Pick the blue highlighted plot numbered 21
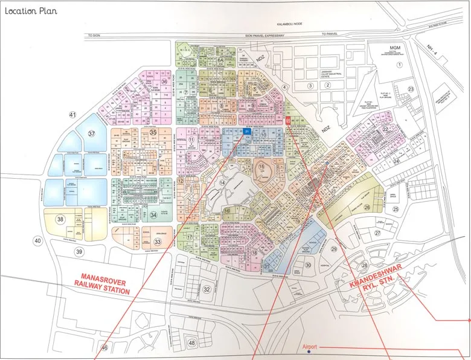click(247, 131)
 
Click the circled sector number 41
click(73, 115)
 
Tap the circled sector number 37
click(92, 133)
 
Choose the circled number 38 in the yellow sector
click(60, 219)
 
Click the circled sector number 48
click(192, 343)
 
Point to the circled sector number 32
click(207, 289)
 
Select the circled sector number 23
click(411, 89)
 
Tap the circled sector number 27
click(377, 233)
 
